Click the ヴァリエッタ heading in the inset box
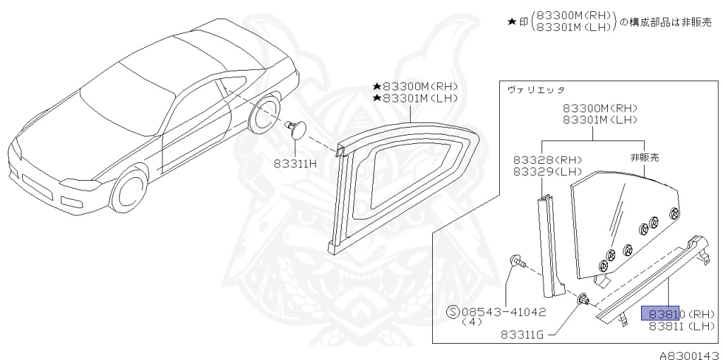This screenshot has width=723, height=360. point(531,90)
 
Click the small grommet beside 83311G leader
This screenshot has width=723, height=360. point(584,300)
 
